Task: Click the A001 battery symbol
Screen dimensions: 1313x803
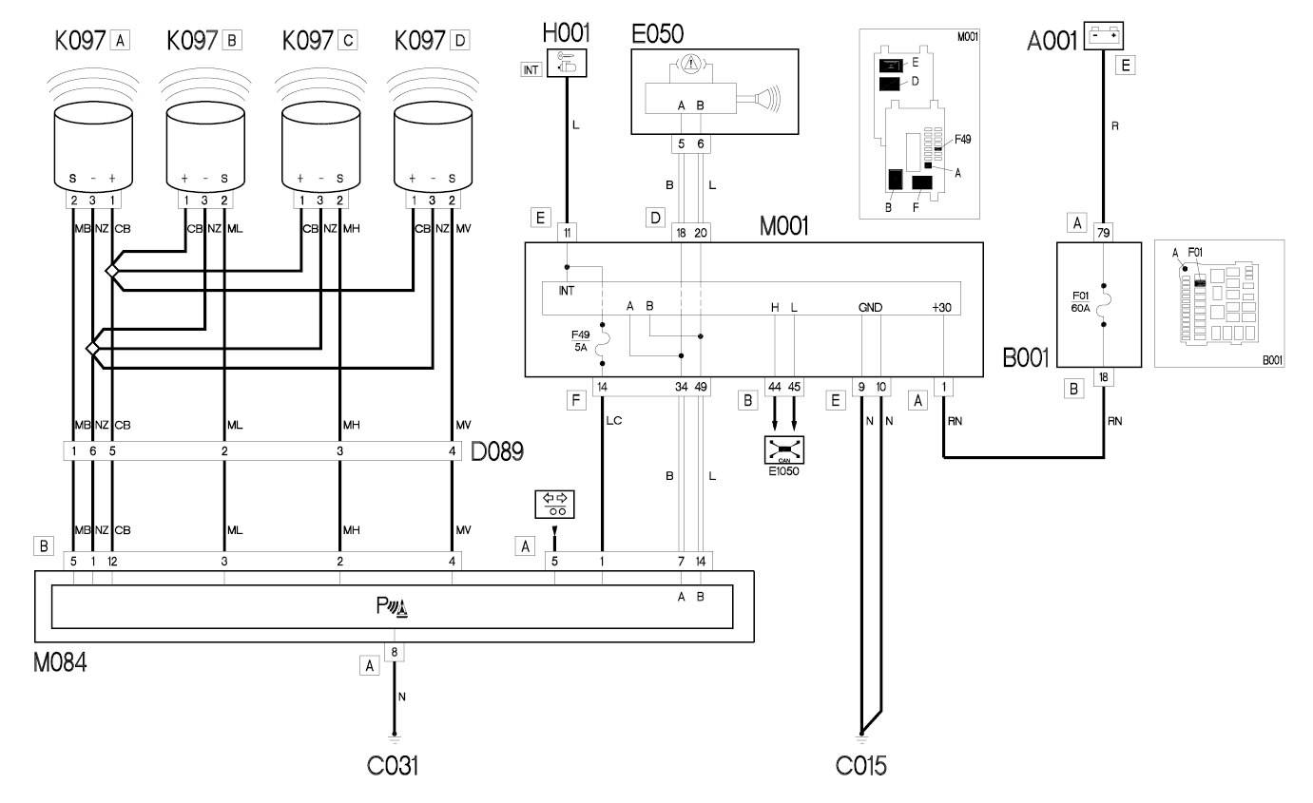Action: tap(1103, 36)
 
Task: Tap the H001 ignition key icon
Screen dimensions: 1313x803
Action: tap(567, 64)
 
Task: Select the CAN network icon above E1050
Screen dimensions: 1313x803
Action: tap(784, 449)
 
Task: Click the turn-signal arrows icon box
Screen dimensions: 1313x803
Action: tap(554, 505)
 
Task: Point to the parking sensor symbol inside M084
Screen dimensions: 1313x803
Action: tap(392, 607)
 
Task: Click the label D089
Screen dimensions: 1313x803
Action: tap(497, 451)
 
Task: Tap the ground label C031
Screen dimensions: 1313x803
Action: tap(392, 766)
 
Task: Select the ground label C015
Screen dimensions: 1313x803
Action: tap(861, 766)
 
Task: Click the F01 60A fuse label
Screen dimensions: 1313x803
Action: tap(1080, 302)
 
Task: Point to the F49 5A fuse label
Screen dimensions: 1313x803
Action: tap(580, 341)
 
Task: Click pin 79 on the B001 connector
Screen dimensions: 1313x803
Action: tap(1103, 233)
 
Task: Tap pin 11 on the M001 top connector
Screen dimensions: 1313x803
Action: tap(567, 233)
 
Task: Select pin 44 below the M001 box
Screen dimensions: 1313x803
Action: tap(774, 387)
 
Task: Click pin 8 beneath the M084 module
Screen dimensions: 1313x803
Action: tap(394, 652)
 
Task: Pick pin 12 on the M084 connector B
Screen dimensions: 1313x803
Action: tap(112, 561)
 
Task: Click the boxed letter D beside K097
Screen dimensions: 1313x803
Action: tap(460, 41)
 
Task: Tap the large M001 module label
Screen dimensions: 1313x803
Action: tap(783, 226)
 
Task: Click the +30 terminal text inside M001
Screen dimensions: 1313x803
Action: tap(941, 308)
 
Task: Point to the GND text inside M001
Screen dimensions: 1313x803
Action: tap(870, 308)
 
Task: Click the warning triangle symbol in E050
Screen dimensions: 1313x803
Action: tap(691, 63)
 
